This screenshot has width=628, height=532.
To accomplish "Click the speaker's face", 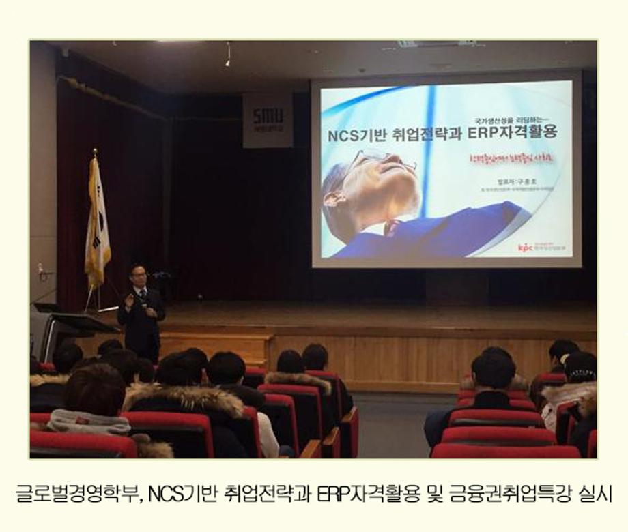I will (138, 277).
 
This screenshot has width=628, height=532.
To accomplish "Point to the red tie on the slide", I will (391, 227).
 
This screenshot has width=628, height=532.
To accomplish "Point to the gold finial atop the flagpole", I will (94, 153).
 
